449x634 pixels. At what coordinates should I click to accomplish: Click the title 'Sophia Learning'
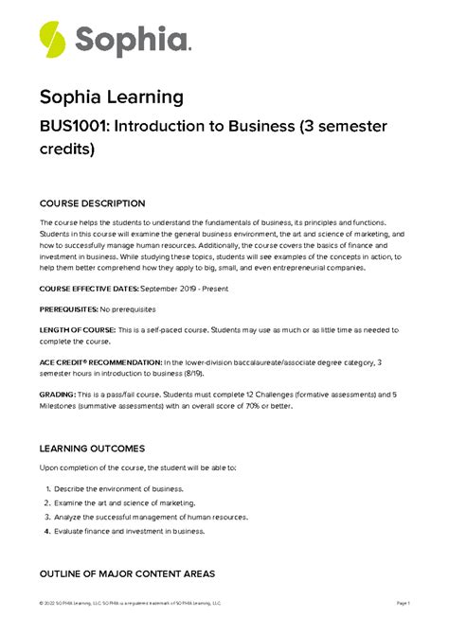tap(112, 97)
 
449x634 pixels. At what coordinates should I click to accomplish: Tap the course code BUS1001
tap(74, 130)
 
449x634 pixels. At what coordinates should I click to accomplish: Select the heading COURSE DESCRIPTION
tap(92, 203)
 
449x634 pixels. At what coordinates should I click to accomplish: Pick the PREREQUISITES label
tap(68, 308)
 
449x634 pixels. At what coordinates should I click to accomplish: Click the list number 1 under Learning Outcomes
tap(47, 488)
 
